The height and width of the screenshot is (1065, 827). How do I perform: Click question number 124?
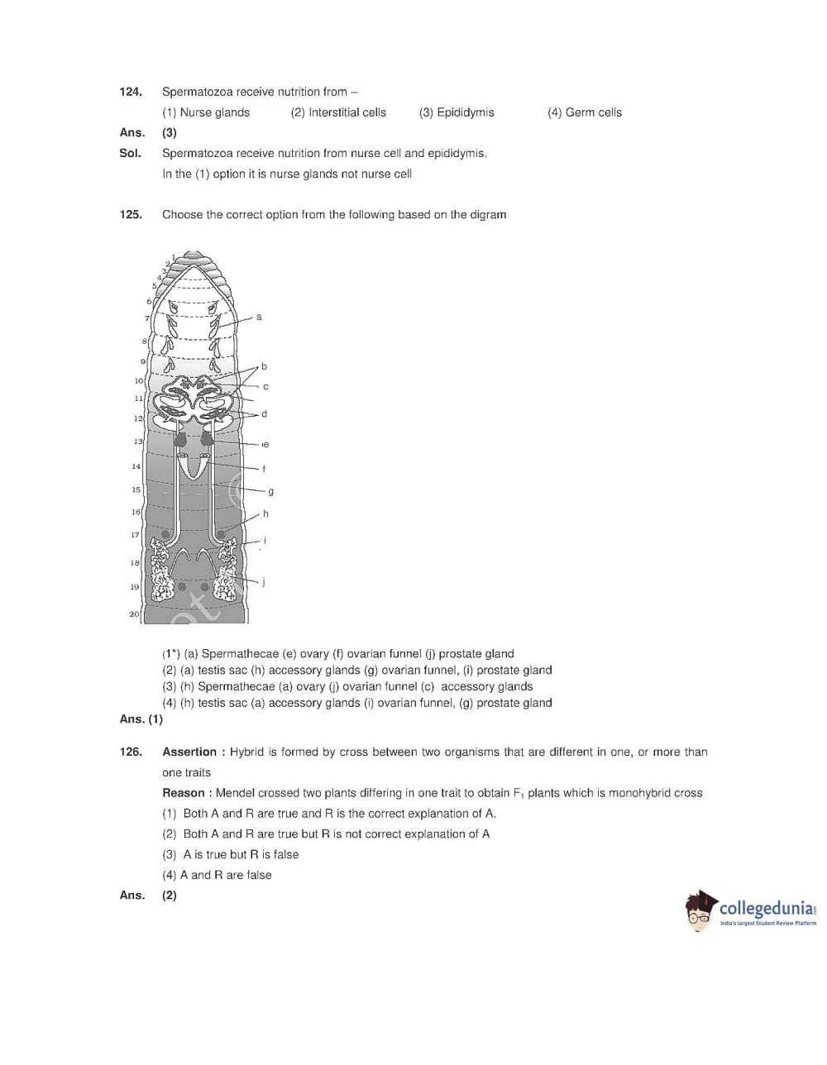(131, 92)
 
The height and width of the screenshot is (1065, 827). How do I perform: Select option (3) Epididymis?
(457, 112)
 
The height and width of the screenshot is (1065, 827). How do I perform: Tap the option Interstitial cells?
(338, 112)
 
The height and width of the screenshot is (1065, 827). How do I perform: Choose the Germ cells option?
(584, 112)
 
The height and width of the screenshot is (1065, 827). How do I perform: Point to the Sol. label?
(130, 153)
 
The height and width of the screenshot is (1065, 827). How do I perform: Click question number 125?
(131, 214)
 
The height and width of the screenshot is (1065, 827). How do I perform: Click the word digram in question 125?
(488, 214)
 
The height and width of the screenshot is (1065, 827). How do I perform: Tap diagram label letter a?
(259, 317)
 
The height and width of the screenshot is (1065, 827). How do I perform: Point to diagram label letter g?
(270, 491)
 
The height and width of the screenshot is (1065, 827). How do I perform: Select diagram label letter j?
(263, 581)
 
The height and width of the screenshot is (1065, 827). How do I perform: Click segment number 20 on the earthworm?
(134, 614)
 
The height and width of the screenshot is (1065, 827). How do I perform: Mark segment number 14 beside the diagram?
(136, 466)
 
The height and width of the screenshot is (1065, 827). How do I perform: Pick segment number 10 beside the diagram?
(138, 380)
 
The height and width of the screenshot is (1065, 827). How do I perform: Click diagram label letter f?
(264, 469)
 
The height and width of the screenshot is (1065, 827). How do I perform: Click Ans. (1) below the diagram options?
(141, 719)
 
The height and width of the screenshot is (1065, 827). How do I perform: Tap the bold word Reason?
(183, 793)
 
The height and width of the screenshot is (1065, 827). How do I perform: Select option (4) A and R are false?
(217, 875)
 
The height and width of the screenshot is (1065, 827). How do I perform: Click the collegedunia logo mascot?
(700, 910)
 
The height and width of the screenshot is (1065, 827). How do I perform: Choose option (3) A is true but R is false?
(231, 854)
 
